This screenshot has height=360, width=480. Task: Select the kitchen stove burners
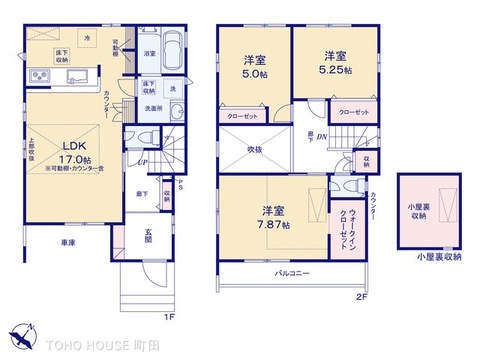(39, 76)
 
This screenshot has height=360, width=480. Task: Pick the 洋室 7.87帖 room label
(275, 217)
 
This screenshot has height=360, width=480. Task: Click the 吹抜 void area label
(254, 150)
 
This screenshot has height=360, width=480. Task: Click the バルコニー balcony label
(290, 271)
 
